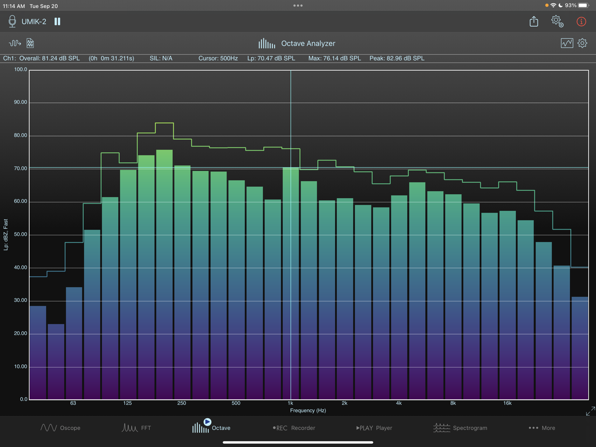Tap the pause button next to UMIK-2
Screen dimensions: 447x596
[57, 21]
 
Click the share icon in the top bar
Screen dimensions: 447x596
[534, 21]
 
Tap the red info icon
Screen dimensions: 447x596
[581, 21]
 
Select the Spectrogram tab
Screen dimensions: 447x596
[460, 428]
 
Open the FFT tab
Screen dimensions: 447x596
[136, 428]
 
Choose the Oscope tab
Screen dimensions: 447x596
[61, 428]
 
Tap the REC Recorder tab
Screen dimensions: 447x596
[294, 428]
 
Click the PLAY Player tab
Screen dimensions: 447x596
[374, 428]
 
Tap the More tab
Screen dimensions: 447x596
[541, 428]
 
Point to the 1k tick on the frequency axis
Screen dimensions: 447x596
[290, 403]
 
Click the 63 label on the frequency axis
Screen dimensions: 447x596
[73, 403]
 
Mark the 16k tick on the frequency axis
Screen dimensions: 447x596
[507, 403]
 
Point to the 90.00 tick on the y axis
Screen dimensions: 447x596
[20, 102]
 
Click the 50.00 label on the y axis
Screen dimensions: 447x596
[20, 234]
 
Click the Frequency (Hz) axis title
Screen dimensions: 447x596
[308, 410]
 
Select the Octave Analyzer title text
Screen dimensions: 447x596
[308, 43]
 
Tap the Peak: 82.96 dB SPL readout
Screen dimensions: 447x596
[397, 58]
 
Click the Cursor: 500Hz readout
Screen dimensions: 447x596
[218, 58]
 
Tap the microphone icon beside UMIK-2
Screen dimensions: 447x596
[12, 21]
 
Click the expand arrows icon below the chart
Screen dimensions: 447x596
[590, 411]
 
